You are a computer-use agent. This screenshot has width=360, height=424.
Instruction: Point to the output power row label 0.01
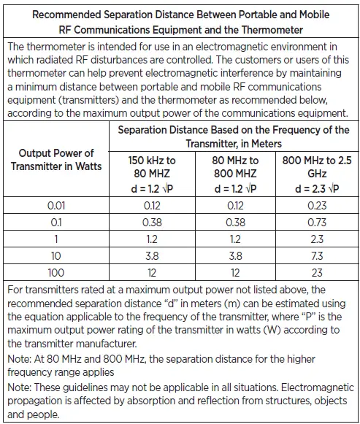point(56,207)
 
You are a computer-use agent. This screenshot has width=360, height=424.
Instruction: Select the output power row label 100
point(56,273)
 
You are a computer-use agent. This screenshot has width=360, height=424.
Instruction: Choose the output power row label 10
point(56,256)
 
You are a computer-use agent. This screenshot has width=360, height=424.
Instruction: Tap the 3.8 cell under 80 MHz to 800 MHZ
point(230,256)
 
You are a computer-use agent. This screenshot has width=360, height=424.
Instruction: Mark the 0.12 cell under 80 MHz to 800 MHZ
point(230,207)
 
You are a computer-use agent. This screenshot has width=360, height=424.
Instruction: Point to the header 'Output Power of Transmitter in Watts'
point(56,160)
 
